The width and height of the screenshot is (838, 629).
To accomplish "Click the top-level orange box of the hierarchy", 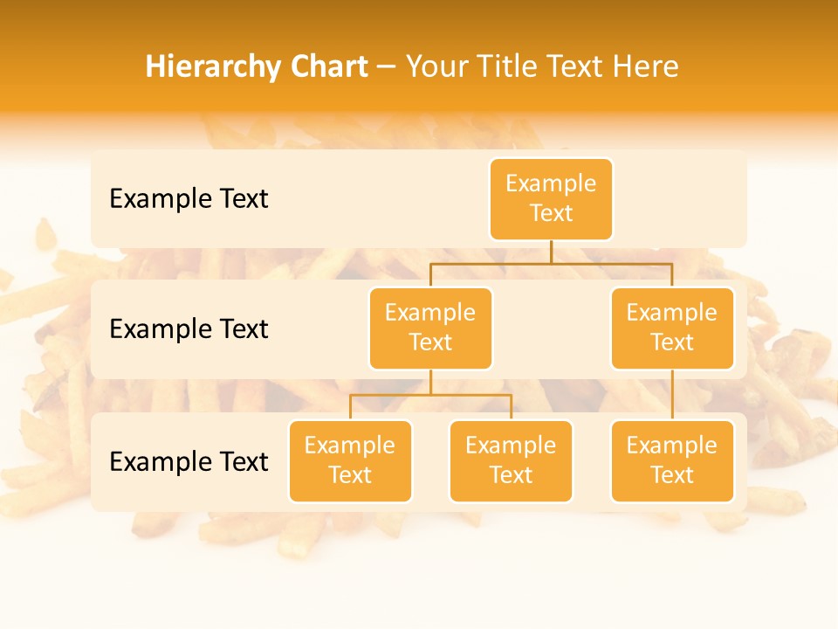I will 551,199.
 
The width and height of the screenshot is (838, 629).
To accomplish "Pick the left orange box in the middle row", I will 430,328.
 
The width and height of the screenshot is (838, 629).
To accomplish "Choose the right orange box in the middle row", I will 672,328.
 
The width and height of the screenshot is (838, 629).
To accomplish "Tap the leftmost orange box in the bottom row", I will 350,461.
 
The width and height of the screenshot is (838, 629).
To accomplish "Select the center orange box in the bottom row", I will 511,461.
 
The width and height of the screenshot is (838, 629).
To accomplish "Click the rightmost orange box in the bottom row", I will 672,461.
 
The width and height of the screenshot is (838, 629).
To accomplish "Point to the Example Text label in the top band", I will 189,199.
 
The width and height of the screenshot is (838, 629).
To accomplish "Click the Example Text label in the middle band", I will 189,329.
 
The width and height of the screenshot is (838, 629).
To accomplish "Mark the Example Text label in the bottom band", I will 189,462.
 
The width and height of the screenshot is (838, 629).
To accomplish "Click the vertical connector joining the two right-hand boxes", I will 672,395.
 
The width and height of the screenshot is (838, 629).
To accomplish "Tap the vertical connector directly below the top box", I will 551,252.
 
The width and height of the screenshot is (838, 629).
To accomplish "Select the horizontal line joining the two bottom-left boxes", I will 430,395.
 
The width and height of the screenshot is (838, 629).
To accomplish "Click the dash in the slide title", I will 387,67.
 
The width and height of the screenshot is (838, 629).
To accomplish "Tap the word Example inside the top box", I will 551,184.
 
